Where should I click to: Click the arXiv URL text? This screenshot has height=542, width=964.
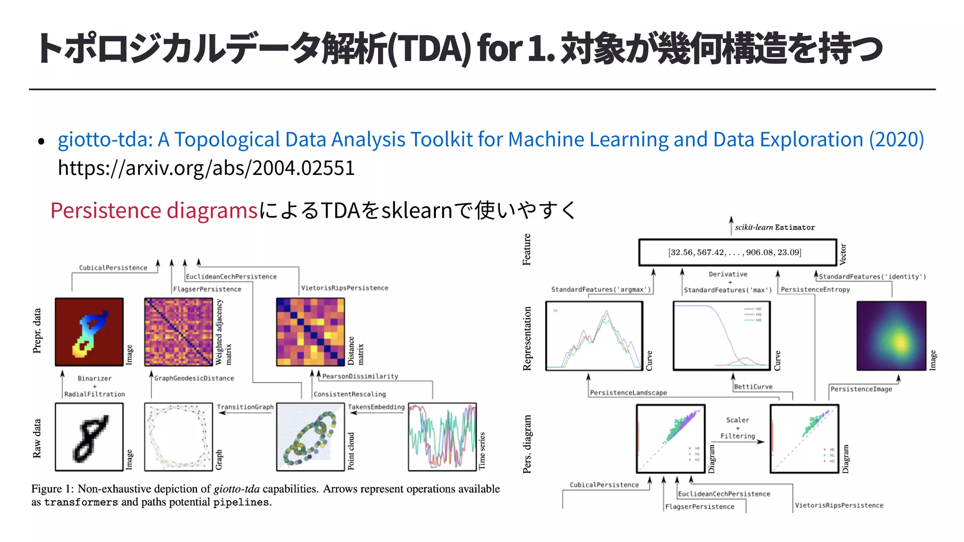(x=206, y=168)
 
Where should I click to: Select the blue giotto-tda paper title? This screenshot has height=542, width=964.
(x=490, y=140)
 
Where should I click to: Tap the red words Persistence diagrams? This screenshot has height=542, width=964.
(x=154, y=210)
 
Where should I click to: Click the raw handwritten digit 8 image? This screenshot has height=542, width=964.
(x=89, y=437)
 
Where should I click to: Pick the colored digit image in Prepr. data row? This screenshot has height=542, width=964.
(x=89, y=332)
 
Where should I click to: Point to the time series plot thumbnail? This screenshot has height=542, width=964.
(x=442, y=437)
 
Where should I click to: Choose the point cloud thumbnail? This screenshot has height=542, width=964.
(x=310, y=437)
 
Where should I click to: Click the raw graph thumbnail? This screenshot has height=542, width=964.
(x=178, y=437)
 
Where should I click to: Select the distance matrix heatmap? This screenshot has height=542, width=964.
(x=310, y=332)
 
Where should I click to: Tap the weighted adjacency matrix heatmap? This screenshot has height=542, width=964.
(x=178, y=332)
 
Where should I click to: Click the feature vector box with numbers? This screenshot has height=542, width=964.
(x=737, y=253)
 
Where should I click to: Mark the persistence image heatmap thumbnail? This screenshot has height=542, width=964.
(x=891, y=336)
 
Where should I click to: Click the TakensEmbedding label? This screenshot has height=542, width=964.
(x=376, y=407)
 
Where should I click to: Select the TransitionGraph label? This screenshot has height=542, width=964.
(x=245, y=407)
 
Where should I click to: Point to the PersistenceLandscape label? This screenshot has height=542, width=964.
(x=628, y=393)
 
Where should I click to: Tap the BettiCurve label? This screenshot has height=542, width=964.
(x=753, y=387)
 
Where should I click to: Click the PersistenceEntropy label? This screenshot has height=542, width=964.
(x=815, y=290)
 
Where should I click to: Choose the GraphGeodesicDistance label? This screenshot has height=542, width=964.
(x=194, y=378)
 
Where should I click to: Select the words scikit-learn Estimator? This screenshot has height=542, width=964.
(x=775, y=227)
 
